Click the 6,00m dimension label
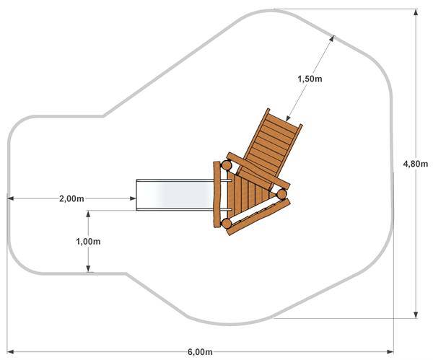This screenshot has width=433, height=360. [x=200, y=352]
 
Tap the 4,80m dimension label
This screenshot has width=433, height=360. [x=416, y=164]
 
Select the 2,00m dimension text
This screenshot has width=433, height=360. [x=71, y=198]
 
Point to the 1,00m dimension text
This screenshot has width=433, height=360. [x=88, y=242]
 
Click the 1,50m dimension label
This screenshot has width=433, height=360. [x=310, y=79]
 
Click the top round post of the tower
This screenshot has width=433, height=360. [x=227, y=165]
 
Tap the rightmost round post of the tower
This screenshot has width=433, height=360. [x=281, y=194]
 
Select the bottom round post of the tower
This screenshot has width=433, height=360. [x=227, y=223]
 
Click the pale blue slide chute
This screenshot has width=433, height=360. [x=175, y=195]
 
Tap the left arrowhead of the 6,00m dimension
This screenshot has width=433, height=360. [x=10, y=352]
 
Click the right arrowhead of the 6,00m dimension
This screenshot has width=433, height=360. [x=390, y=352]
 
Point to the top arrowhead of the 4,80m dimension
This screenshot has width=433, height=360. [x=416, y=13]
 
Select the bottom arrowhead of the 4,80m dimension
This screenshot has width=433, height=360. [x=416, y=315]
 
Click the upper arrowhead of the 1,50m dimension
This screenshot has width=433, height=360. [x=332, y=38]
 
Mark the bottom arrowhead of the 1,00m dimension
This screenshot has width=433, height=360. [x=88, y=268]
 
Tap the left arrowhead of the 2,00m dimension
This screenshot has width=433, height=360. [x=11, y=198]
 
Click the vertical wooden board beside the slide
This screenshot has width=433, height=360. [x=217, y=195]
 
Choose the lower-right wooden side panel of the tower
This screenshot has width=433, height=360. [x=259, y=217]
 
